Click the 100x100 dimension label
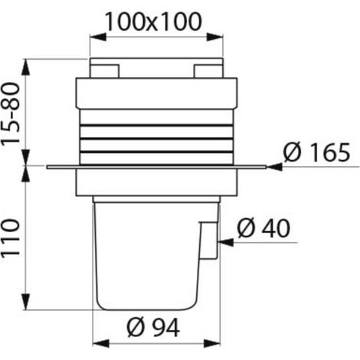click(153, 22)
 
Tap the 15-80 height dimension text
click(11, 113)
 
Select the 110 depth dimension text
click(11, 237)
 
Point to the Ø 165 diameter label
click(316, 152)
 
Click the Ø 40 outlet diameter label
click(263, 228)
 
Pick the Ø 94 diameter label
click(153, 328)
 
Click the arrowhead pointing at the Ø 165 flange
click(274, 167)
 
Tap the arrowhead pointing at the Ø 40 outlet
click(225, 243)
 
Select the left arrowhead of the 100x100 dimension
click(98, 37)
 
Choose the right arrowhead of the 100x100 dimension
click(215, 37)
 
